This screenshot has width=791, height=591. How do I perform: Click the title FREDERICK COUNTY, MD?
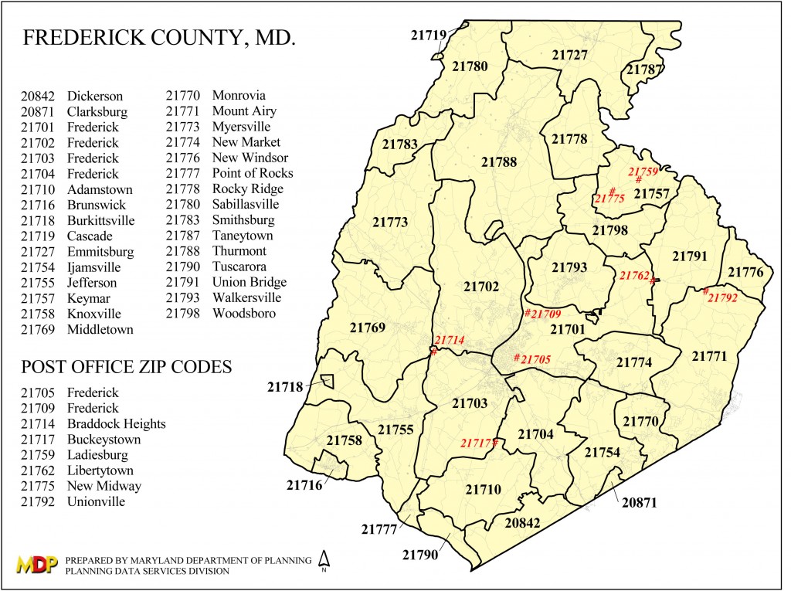(x=159, y=39)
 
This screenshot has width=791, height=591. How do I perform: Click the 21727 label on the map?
(x=570, y=55)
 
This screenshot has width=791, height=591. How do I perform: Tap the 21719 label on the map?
(x=428, y=35)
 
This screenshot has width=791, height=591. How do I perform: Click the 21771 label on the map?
(x=709, y=356)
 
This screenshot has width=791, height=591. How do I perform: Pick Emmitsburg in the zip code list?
(x=100, y=251)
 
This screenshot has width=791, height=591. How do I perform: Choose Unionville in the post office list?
(x=96, y=501)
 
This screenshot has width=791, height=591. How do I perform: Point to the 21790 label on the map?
(x=419, y=555)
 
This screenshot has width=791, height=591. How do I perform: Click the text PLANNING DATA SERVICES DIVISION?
(x=148, y=571)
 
